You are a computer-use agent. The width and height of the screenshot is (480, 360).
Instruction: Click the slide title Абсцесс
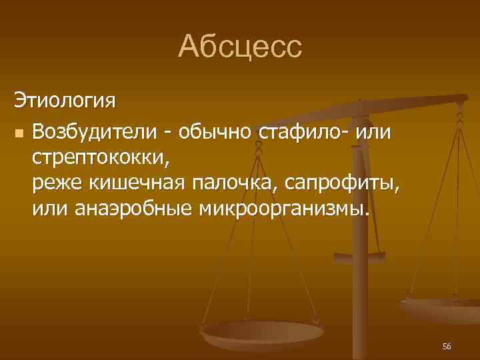(240, 47)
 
